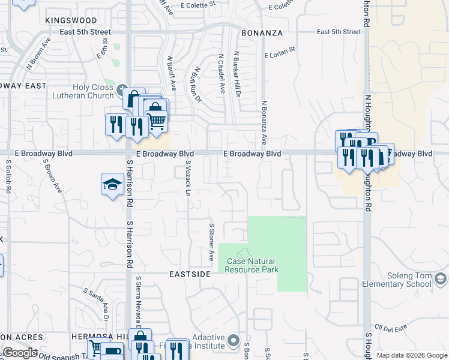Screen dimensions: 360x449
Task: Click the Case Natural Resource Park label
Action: click(252, 265)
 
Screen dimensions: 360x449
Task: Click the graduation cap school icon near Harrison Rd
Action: click(112, 185)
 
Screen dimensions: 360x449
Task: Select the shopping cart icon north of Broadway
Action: click(157, 121)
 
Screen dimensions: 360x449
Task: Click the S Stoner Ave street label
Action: click(211, 242)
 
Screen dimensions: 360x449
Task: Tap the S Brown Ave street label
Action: click(52, 176)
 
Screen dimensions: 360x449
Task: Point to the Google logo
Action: click(20, 353)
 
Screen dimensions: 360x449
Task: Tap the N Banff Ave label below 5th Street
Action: click(170, 74)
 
